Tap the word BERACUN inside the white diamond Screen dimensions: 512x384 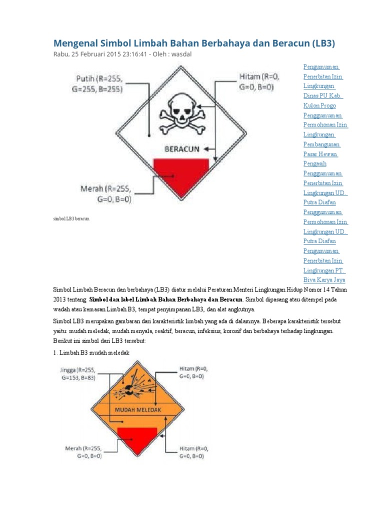point(180,149)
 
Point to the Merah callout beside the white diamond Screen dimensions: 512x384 point(105,193)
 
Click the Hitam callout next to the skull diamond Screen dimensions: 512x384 point(260,82)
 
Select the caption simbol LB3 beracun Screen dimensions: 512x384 point(71,219)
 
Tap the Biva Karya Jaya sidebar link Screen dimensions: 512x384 point(324,280)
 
